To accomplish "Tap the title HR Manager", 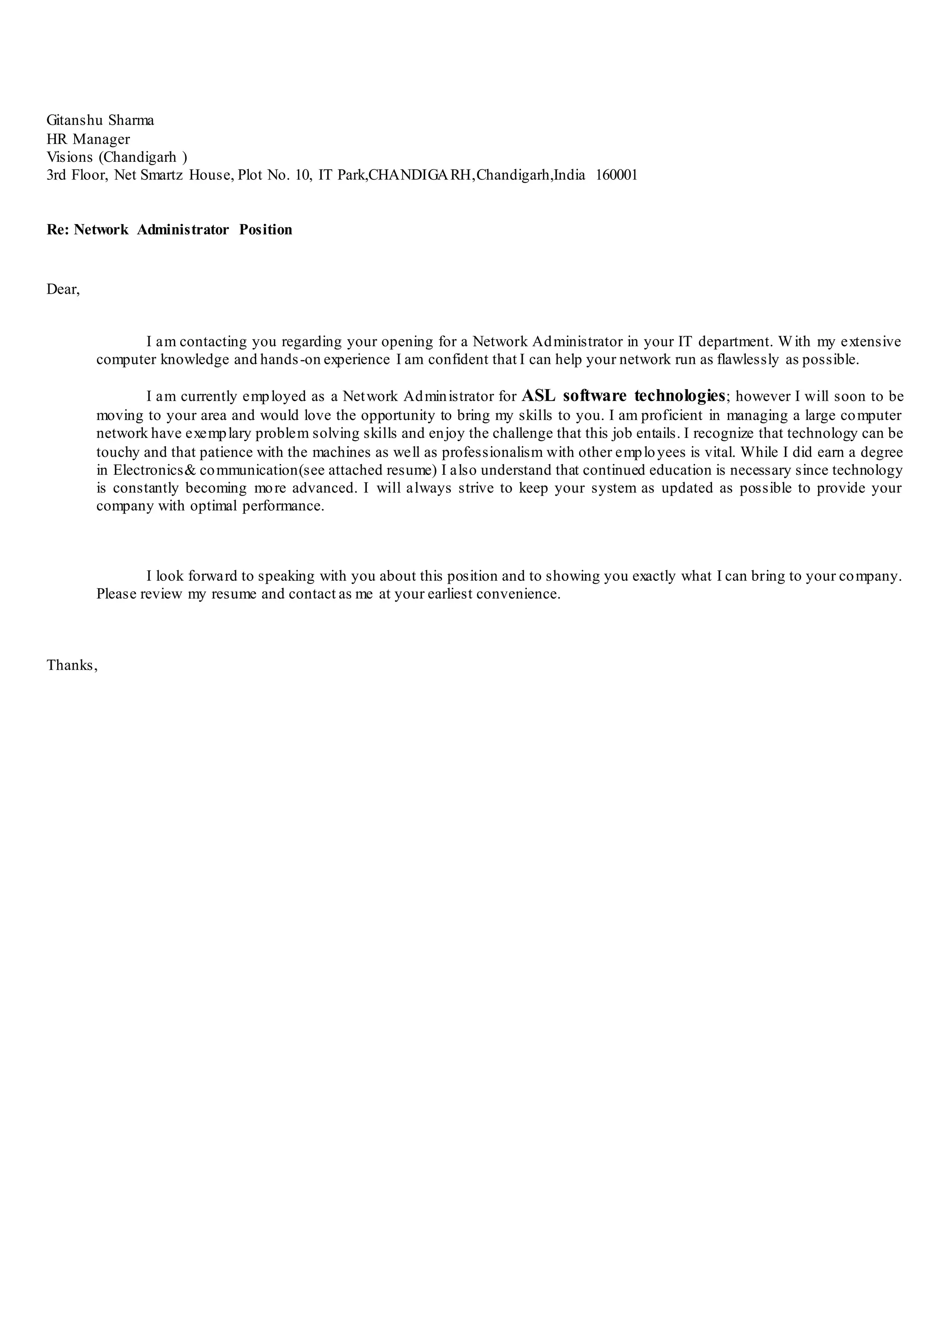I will (x=88, y=139).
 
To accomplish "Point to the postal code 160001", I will (x=617, y=175).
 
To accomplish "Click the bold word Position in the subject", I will (x=265, y=230).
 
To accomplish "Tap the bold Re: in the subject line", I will (x=58, y=230).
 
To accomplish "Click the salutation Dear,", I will (x=63, y=289).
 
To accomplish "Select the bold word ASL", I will (x=538, y=396).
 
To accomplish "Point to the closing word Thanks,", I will (x=72, y=665).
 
